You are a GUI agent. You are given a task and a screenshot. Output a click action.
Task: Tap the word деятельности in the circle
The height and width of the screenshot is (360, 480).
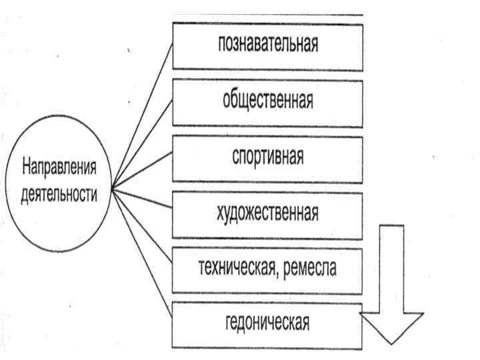pos(58,195)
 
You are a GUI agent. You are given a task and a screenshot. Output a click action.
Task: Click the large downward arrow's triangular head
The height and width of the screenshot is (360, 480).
pos(391,326)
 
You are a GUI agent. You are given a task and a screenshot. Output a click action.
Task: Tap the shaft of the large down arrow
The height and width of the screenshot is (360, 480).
pos(391,267)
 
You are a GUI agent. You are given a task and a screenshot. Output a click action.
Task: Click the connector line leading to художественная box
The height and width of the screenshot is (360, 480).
pos(143,200)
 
